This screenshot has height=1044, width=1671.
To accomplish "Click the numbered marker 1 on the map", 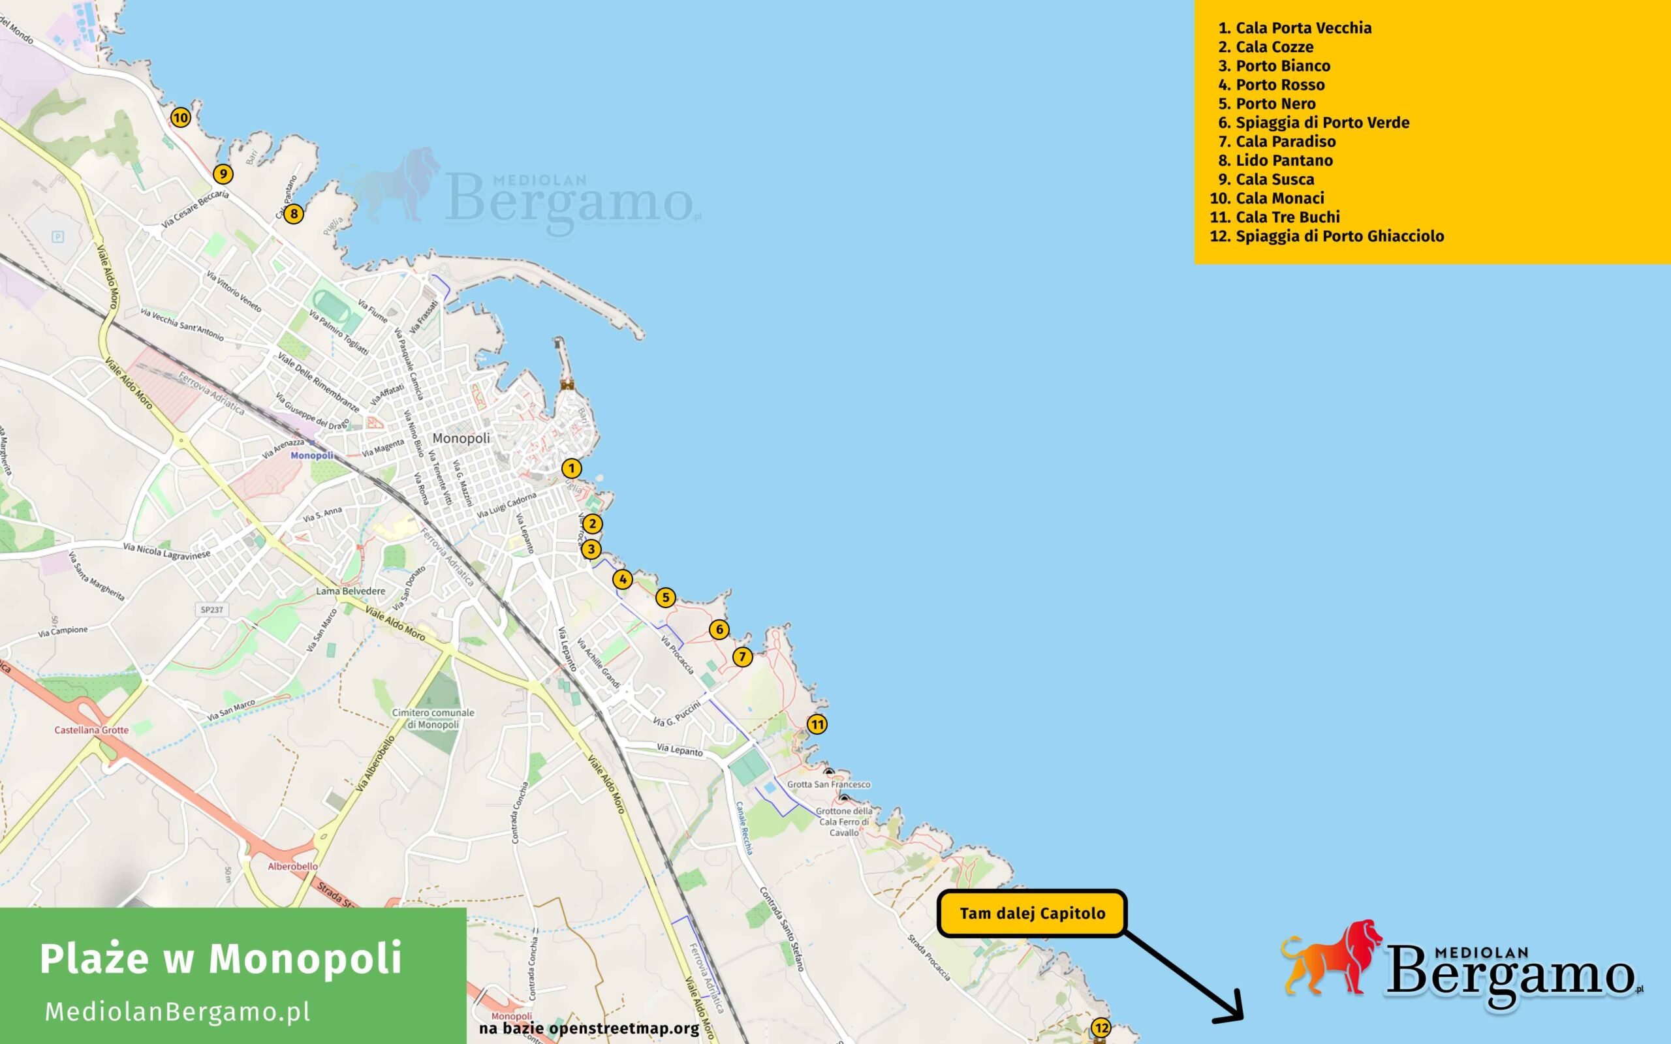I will point(571,468).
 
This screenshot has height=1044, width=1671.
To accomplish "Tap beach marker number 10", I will point(180,117).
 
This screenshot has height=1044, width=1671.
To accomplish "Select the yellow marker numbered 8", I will point(294,213).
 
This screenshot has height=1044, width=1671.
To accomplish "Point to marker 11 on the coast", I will point(817,724).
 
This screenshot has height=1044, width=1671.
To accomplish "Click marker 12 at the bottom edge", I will point(1101,1028).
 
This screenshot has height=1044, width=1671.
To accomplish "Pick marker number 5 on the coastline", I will point(665,597).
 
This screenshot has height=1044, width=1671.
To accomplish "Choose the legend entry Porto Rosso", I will point(1279,85).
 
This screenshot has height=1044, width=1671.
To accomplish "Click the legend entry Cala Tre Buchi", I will point(1287,217).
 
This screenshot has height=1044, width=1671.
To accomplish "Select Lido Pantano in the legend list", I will point(1284,161).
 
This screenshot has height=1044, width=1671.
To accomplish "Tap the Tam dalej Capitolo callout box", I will point(1031,913).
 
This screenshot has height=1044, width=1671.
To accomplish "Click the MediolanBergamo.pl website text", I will point(178,1011).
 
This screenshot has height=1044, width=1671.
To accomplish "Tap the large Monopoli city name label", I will point(461,438).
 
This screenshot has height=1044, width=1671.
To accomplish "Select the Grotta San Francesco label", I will point(828,784).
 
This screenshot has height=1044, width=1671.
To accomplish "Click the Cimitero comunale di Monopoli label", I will point(433,718).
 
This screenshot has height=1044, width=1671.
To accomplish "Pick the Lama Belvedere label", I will point(351,591).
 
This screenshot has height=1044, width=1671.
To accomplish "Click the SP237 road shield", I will point(212,609).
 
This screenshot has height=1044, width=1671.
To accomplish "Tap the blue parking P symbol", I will point(58,237).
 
